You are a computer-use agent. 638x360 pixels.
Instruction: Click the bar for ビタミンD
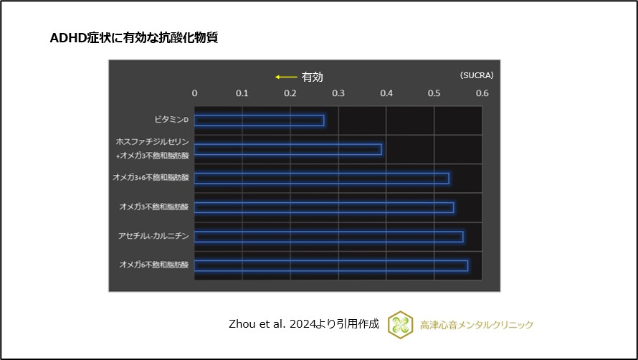click(259, 120)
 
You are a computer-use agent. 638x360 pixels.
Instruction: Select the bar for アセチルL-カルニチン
click(328, 237)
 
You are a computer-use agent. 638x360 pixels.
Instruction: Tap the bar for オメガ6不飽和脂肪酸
click(330, 265)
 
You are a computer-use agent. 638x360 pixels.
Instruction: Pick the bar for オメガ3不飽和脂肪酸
click(323, 207)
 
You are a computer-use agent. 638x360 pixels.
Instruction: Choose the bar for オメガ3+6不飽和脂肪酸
click(321, 179)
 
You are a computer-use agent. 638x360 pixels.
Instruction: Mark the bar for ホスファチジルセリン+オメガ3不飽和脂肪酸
click(287, 149)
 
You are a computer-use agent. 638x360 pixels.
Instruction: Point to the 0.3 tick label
click(338, 93)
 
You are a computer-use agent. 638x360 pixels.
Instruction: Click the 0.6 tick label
click(482, 93)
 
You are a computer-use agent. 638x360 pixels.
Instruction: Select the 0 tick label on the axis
click(194, 93)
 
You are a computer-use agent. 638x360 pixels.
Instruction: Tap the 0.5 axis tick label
click(434, 93)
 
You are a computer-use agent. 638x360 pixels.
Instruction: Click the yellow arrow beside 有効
click(286, 77)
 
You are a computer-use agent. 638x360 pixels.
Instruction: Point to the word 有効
click(313, 77)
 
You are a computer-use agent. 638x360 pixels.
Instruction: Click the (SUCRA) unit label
click(476, 75)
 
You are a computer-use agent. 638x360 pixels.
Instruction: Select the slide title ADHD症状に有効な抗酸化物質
click(133, 39)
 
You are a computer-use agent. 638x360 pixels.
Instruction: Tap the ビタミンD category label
click(171, 120)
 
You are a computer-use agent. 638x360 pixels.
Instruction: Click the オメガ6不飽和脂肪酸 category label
click(153, 265)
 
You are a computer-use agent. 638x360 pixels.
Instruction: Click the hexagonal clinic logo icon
click(400, 324)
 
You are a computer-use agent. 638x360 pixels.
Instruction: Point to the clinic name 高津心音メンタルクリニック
click(477, 325)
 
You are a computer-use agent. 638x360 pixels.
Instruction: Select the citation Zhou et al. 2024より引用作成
click(303, 324)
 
